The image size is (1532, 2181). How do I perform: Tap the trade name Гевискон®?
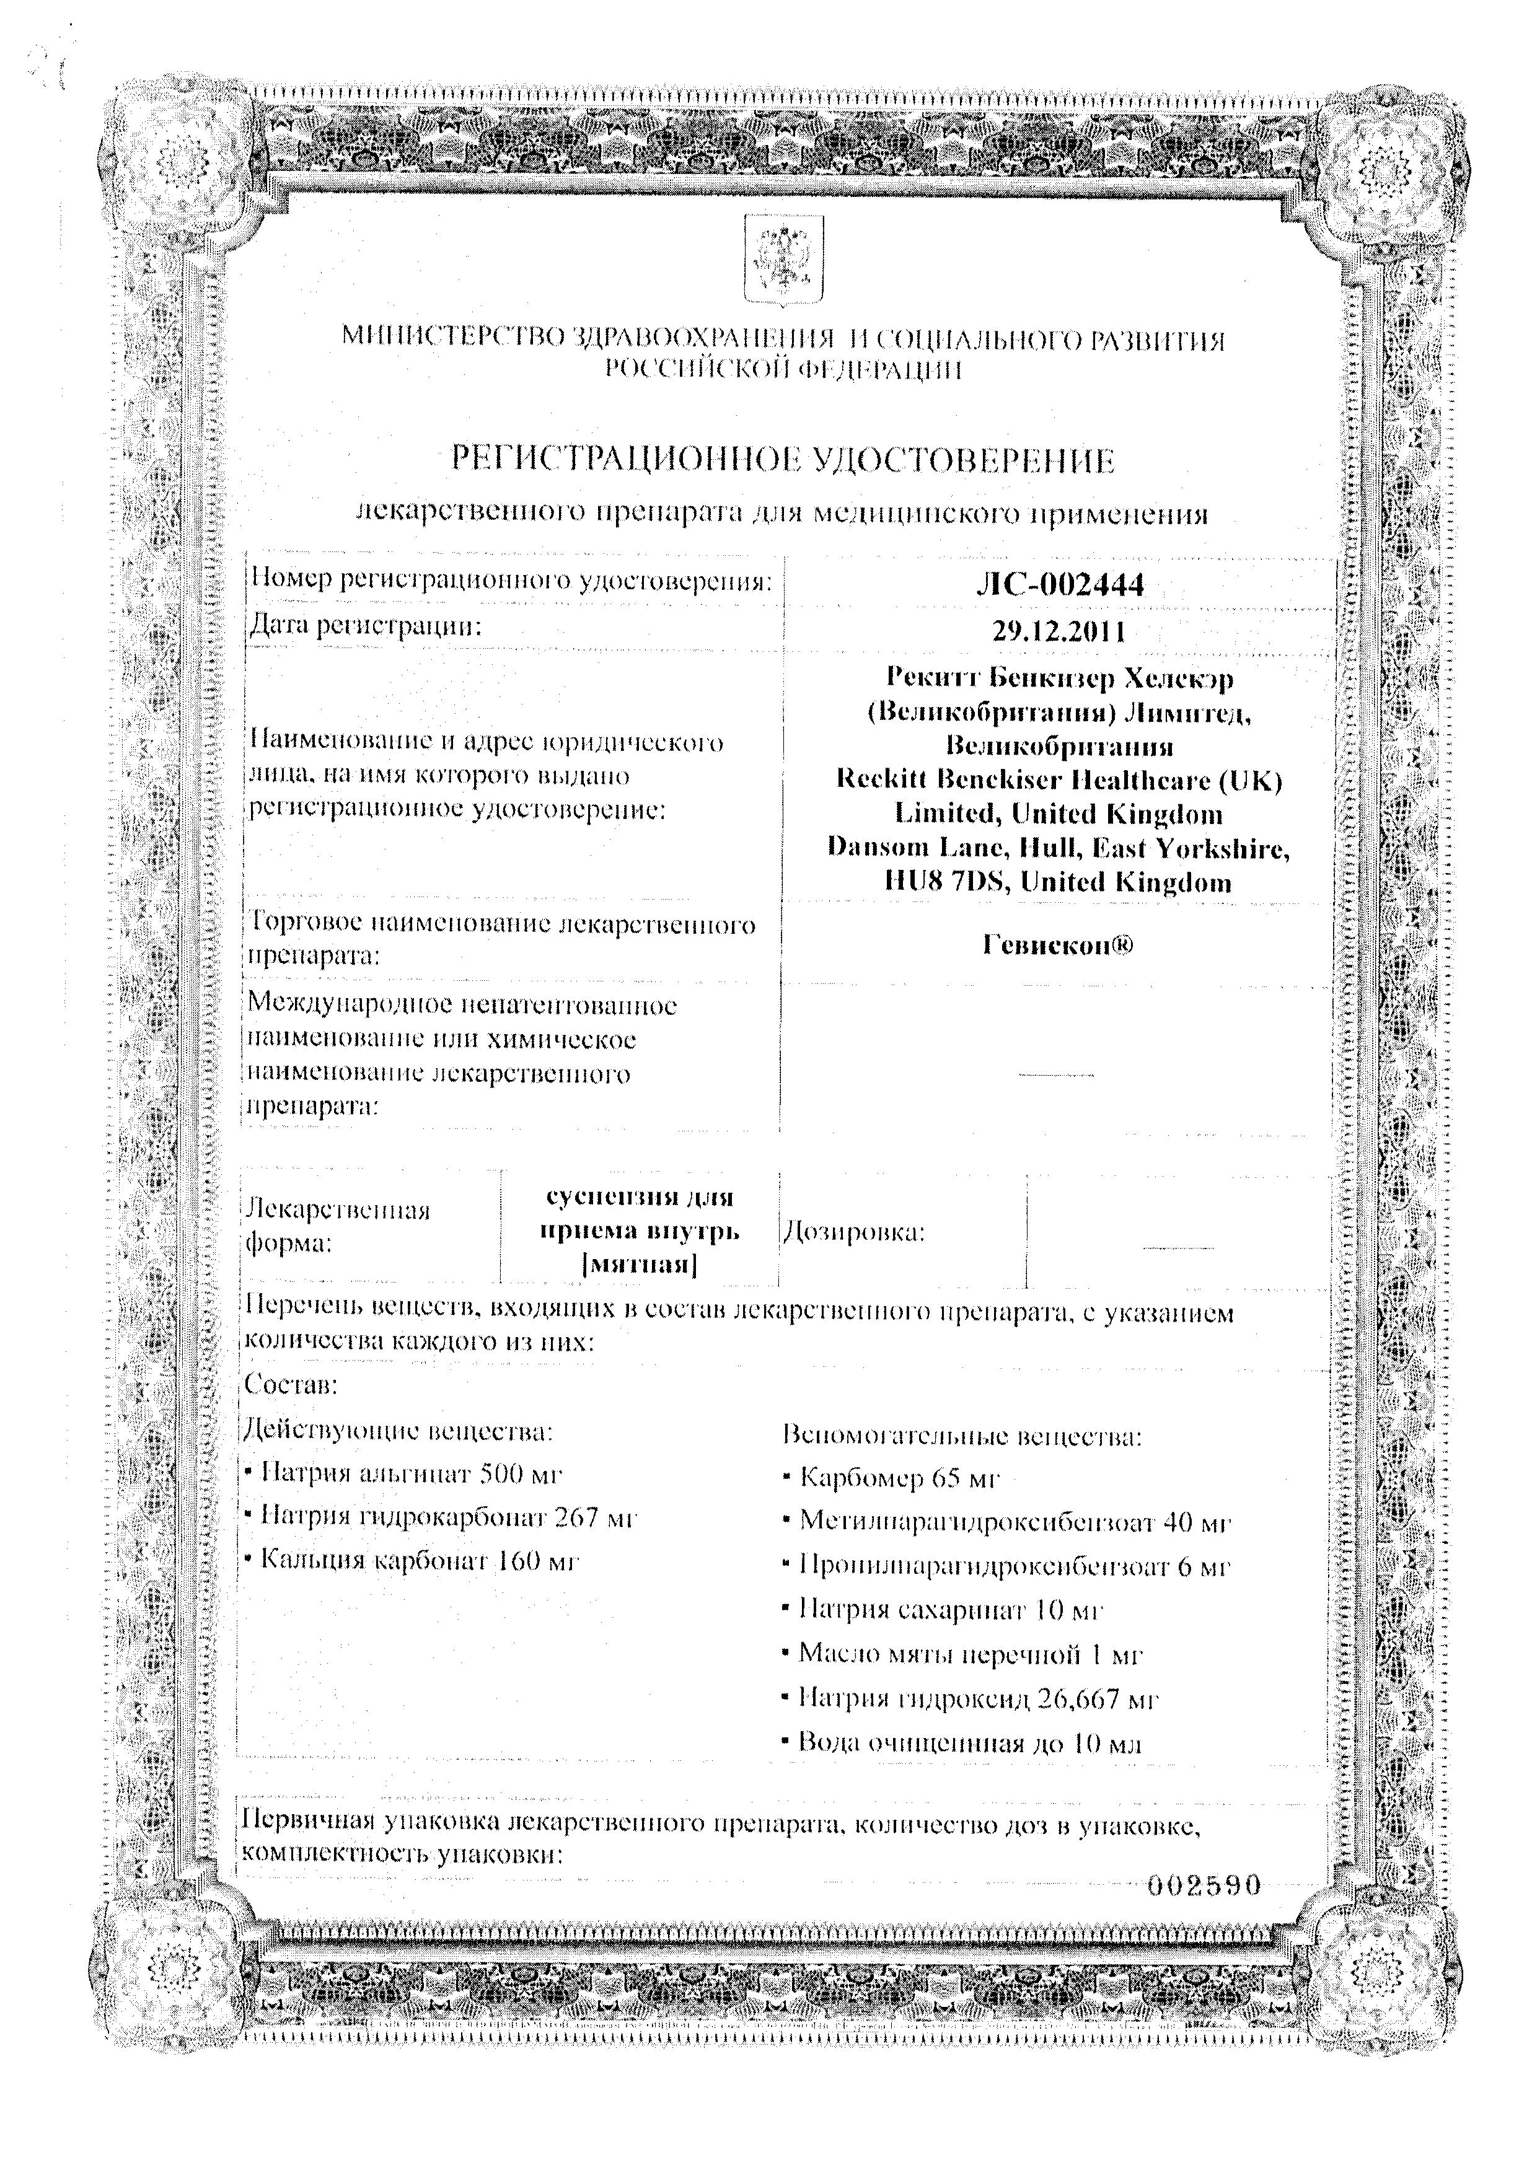click(1058, 946)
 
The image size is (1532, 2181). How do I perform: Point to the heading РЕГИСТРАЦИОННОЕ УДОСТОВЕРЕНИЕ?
click(781, 462)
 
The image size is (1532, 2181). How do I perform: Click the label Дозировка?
click(853, 1233)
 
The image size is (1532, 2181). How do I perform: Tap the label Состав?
click(291, 1384)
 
